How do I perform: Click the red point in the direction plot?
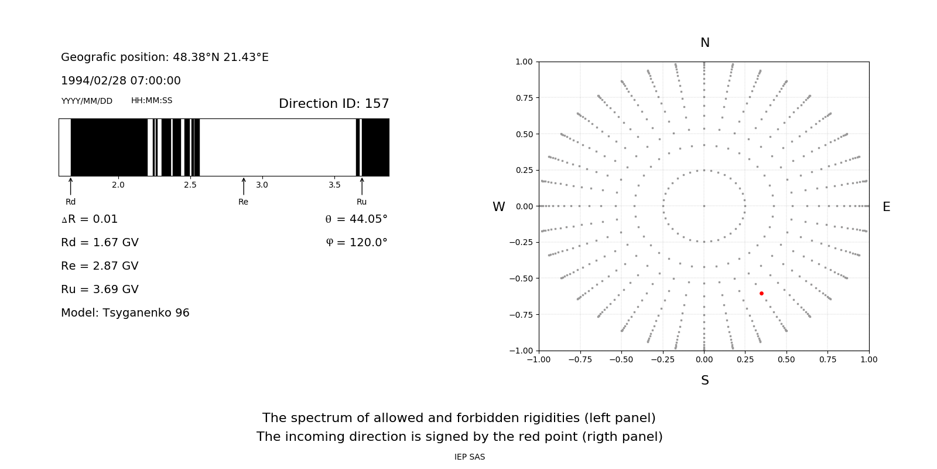point(761,293)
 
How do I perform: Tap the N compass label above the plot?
point(705,43)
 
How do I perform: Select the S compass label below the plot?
point(705,380)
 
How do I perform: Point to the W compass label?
point(498,207)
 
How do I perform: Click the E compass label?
point(886,207)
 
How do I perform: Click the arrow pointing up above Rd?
point(71,186)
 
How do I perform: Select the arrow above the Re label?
point(244,186)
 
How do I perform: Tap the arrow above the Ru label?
point(362,186)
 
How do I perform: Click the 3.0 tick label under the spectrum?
point(262,185)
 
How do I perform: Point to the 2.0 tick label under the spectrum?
point(118,185)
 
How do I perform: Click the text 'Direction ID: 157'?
point(334,104)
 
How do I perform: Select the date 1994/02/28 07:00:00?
point(121,80)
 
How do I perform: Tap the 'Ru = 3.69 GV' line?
point(100,289)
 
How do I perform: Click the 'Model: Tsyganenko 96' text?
point(125,312)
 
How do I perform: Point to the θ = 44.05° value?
point(356,219)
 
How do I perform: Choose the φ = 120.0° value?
point(357,242)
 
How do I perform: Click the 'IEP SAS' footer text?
point(470,457)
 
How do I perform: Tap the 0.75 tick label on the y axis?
point(524,98)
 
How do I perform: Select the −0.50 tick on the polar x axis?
point(621,359)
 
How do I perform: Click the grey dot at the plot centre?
point(704,206)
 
